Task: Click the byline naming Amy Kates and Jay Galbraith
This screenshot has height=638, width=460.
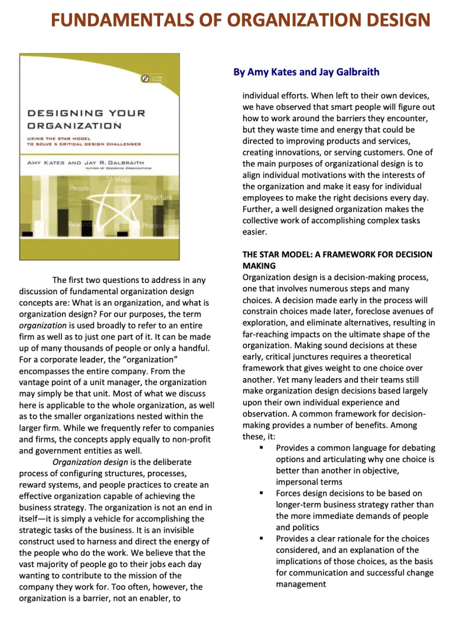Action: (306, 72)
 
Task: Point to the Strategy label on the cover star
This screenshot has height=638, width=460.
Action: (118, 179)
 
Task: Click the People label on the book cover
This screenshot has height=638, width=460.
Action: (79, 188)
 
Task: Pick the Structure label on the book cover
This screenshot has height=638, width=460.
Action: (158, 197)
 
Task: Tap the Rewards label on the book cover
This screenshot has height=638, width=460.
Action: (80, 225)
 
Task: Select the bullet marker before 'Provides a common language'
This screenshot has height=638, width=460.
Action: (262, 448)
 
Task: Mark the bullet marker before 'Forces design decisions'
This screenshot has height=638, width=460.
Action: (262, 493)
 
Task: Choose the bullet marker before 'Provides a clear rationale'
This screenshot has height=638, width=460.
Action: (262, 538)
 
